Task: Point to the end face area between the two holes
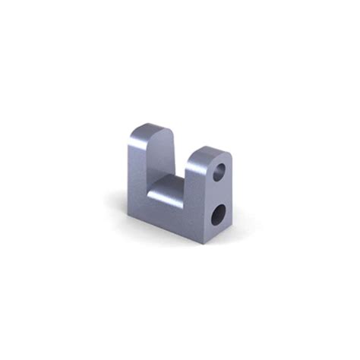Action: coord(220,194)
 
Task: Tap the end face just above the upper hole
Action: coord(222,157)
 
